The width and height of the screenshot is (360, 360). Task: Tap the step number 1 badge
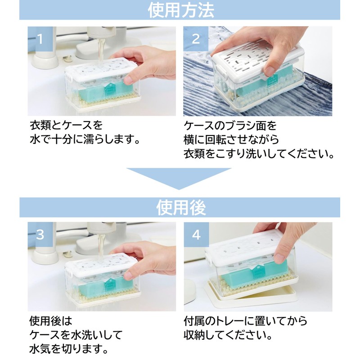coord(40,38)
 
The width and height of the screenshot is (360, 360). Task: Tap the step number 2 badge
coord(196,38)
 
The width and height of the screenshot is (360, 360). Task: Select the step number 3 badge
coord(40,234)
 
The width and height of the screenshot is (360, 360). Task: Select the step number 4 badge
coord(196,234)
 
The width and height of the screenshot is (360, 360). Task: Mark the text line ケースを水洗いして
coord(75,335)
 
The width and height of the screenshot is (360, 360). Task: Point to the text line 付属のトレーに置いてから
coord(246,321)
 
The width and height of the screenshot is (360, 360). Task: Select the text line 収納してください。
coord(228,335)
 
